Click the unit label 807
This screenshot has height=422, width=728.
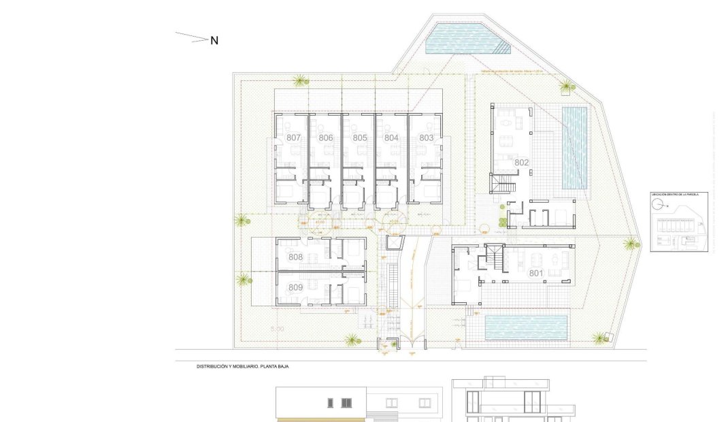pos(294,137)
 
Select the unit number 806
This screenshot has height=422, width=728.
pos(326,137)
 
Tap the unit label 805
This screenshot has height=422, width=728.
pos(360,137)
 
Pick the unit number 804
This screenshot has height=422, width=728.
pos(391,137)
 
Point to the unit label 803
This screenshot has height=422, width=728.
pos(427,137)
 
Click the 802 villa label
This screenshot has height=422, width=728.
pos(522,162)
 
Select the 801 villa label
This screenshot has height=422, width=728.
pos(537,273)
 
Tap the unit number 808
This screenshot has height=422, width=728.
pos(295,257)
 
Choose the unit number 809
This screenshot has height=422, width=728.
pos(295,287)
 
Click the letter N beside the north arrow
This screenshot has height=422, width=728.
pos(214,40)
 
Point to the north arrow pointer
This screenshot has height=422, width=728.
pos(192,37)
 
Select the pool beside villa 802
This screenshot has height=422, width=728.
pos(574,147)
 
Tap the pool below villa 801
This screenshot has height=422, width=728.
pos(527,327)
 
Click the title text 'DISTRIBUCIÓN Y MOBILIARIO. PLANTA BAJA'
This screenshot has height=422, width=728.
pos(252,366)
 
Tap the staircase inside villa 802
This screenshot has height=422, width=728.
pos(503,183)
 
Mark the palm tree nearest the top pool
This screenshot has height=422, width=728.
pos(565,86)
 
